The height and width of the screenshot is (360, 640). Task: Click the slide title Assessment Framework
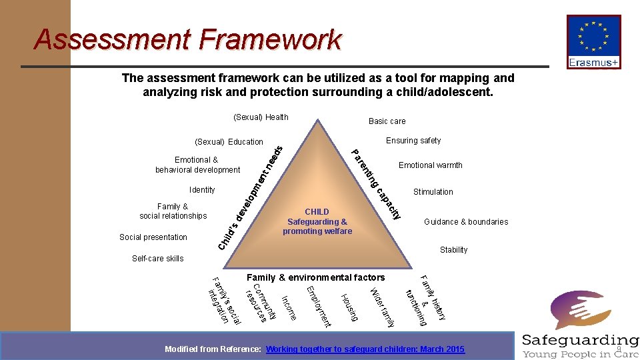pyautogui.click(x=187, y=39)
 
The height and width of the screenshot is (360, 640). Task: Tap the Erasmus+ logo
pyautogui.click(x=593, y=42)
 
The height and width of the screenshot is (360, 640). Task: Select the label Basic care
pyautogui.click(x=387, y=121)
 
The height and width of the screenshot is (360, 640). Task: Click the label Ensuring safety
pyautogui.click(x=413, y=141)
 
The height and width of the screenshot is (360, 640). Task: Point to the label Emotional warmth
pyautogui.click(x=430, y=165)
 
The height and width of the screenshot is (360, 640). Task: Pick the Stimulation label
pyautogui.click(x=433, y=192)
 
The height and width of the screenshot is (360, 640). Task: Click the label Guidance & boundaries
pyautogui.click(x=466, y=222)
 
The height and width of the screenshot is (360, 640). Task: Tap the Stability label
pyautogui.click(x=453, y=250)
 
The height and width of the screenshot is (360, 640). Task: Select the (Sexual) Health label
pyautogui.click(x=261, y=117)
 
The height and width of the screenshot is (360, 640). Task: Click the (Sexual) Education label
pyautogui.click(x=229, y=142)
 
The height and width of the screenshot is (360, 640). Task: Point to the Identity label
pyautogui.click(x=202, y=190)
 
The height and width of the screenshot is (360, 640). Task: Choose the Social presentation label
pyautogui.click(x=153, y=237)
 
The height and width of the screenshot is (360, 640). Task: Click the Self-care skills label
pyautogui.click(x=157, y=259)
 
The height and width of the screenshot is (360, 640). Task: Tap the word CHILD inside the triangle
pyautogui.click(x=317, y=212)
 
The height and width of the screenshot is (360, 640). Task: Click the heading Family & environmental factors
pyautogui.click(x=315, y=277)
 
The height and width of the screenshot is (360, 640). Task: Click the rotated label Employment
pyautogui.click(x=318, y=307)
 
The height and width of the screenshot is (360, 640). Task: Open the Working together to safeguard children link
pyautogui.click(x=365, y=349)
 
